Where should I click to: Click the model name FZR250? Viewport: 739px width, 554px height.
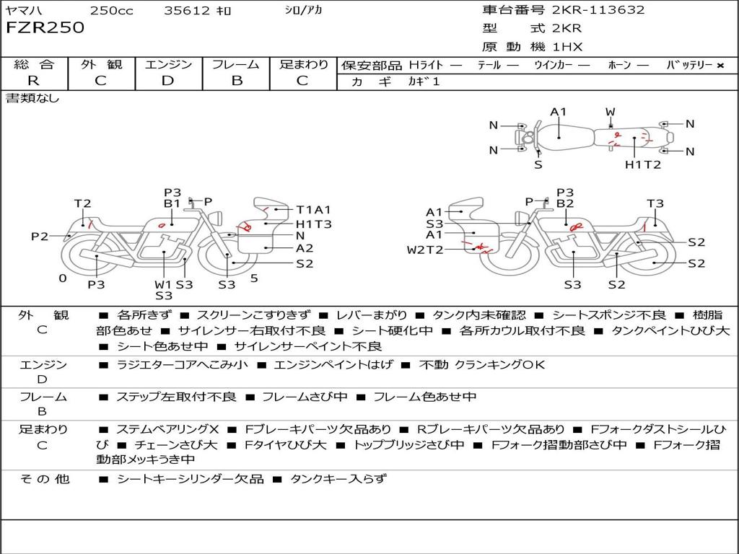(45, 27)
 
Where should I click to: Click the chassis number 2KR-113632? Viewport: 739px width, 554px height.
(598, 9)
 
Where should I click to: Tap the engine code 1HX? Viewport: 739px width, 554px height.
(567, 47)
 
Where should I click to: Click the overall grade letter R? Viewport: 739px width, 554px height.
(33, 81)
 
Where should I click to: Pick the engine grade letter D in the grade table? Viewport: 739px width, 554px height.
(167, 81)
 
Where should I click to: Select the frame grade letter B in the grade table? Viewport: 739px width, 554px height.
(237, 81)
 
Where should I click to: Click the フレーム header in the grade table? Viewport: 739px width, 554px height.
(236, 64)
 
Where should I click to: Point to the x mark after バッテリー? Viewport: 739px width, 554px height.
(720, 66)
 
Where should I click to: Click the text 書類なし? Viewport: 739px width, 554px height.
(32, 98)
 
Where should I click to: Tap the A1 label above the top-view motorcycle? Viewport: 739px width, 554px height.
(558, 112)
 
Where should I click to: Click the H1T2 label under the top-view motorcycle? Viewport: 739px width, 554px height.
(643, 164)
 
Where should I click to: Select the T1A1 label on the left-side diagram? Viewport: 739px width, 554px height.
(313, 210)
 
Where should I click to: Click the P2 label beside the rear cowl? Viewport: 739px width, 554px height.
(40, 236)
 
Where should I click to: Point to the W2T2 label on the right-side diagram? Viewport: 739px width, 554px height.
(425, 250)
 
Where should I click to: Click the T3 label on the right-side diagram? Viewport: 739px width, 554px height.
(655, 203)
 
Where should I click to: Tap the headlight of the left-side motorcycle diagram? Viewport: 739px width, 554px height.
(216, 219)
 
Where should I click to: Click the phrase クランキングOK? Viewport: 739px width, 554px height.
(499, 364)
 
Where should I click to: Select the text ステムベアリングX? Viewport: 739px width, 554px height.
(167, 429)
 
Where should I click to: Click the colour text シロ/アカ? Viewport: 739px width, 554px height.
(304, 10)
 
